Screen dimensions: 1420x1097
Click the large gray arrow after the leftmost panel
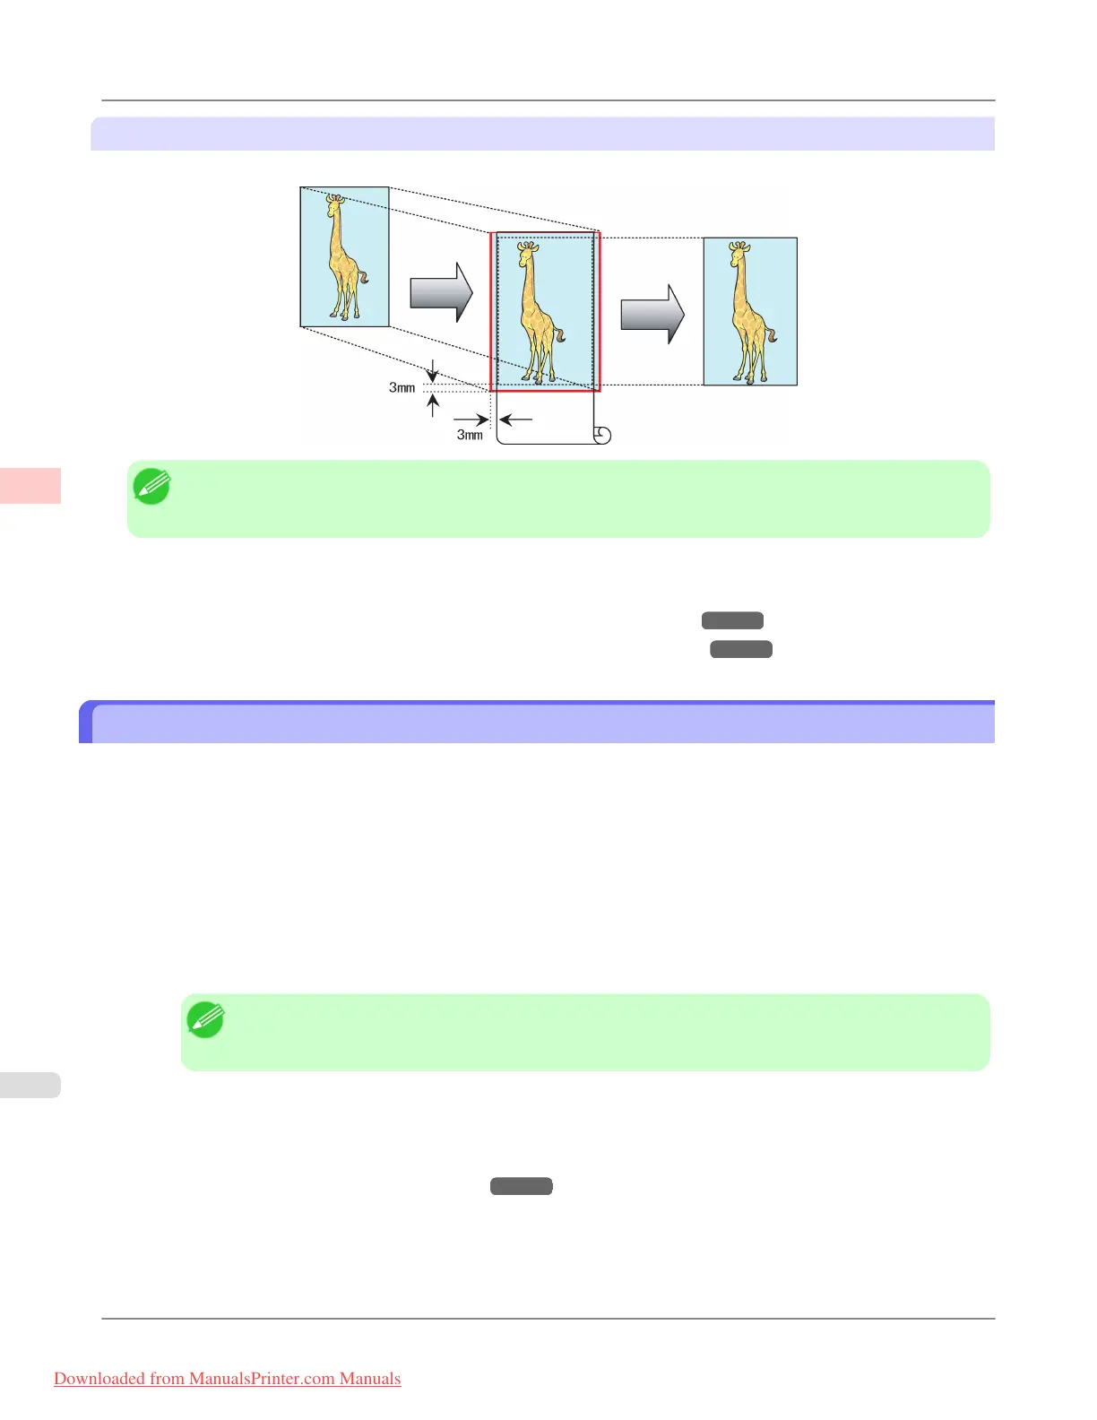pyautogui.click(x=441, y=292)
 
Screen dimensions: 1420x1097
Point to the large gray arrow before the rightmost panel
pyautogui.click(x=652, y=315)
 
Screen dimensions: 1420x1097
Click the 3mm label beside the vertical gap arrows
pyautogui.click(x=402, y=388)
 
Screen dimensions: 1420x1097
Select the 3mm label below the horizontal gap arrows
pyautogui.click(x=470, y=435)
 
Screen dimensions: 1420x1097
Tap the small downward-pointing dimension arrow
pyautogui.click(x=433, y=371)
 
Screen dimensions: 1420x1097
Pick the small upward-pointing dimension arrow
pyautogui.click(x=433, y=405)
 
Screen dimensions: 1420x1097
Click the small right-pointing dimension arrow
pyautogui.click(x=471, y=419)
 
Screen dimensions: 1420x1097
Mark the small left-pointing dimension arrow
pyautogui.click(x=516, y=419)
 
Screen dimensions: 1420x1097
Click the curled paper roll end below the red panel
pyautogui.click(x=602, y=436)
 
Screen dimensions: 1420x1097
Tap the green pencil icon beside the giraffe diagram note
pyautogui.click(x=151, y=487)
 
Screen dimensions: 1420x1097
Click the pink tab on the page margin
pyautogui.click(x=30, y=486)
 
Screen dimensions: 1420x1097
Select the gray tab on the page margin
pyautogui.click(x=30, y=1085)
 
